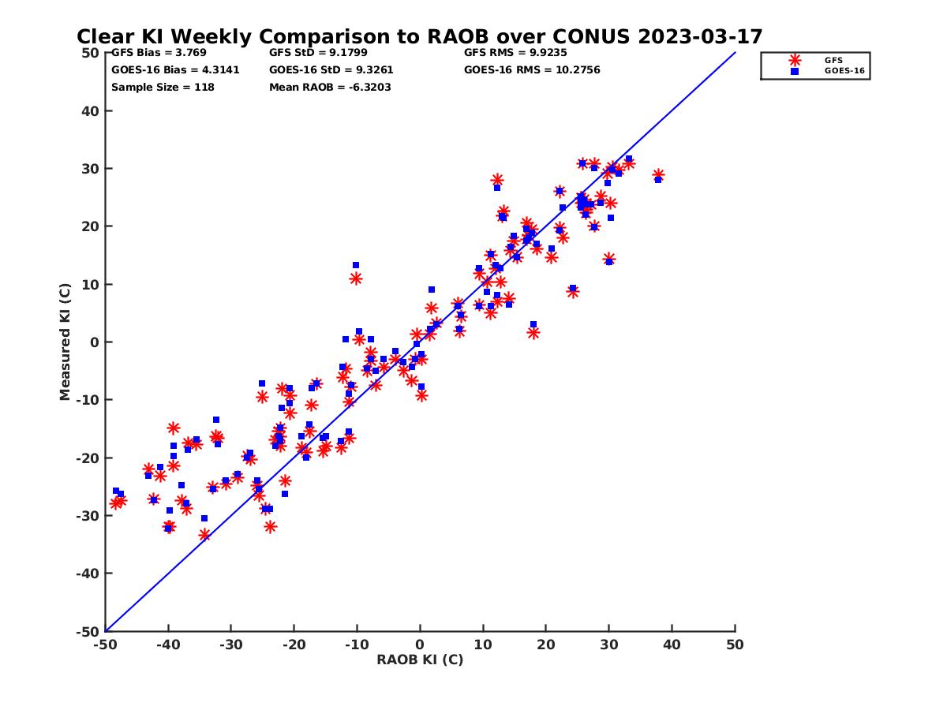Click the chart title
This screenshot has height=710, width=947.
coord(419,37)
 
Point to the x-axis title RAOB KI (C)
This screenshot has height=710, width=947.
coord(420,660)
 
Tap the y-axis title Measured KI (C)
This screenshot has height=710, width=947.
coord(66,342)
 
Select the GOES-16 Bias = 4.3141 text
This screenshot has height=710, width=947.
coord(175,69)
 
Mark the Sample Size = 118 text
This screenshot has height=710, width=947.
coord(163,87)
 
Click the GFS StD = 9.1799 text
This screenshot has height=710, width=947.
coord(318,53)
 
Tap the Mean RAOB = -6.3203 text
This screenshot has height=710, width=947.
coord(330,87)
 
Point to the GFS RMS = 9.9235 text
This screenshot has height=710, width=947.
coord(515,53)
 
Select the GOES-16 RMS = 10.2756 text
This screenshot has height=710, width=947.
coord(532,69)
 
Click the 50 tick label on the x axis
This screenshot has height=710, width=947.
coord(735,645)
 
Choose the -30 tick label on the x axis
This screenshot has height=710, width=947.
coord(230,645)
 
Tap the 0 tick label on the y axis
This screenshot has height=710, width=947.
coord(94,342)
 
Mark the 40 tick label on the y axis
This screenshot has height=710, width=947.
coord(90,110)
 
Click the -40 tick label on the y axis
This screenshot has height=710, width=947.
coord(87,574)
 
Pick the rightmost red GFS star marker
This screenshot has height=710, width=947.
coord(658,175)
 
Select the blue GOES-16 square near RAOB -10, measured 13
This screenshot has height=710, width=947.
coord(356,266)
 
